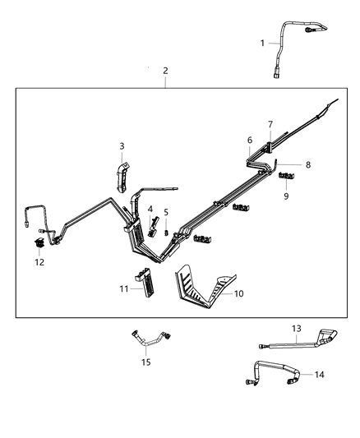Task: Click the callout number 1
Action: (x=262, y=44)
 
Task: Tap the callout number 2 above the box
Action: (x=165, y=71)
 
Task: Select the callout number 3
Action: (x=122, y=146)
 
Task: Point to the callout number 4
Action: (x=150, y=210)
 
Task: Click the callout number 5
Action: (x=165, y=212)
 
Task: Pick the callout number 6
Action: (x=250, y=141)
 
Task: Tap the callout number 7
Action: (x=269, y=124)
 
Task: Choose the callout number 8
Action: (x=307, y=165)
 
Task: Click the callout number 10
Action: (x=239, y=293)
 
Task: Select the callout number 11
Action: (x=124, y=288)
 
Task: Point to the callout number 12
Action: (x=39, y=262)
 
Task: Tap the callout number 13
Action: (x=297, y=327)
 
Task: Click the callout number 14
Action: (x=319, y=374)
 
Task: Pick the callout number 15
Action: (x=145, y=362)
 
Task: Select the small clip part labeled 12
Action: (x=39, y=244)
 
